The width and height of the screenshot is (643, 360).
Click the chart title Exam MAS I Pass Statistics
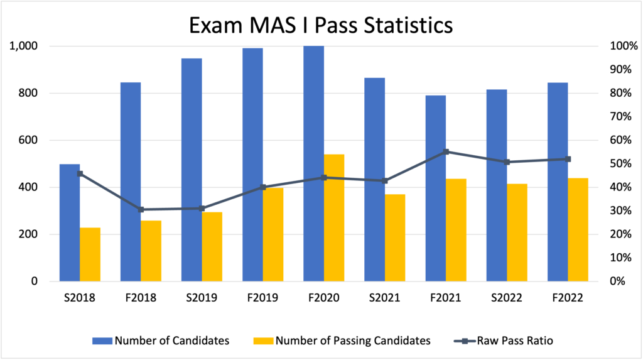click(x=321, y=26)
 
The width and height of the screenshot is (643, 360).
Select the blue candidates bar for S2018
click(x=70, y=222)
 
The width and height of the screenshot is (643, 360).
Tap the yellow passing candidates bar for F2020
click(x=334, y=217)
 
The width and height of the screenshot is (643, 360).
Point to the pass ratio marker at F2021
click(x=446, y=151)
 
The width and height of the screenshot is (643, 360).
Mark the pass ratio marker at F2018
click(x=141, y=209)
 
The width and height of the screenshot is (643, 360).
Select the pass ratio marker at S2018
click(x=80, y=173)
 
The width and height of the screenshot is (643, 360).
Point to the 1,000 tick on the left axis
click(x=24, y=46)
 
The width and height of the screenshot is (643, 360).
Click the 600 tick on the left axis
click(x=29, y=140)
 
